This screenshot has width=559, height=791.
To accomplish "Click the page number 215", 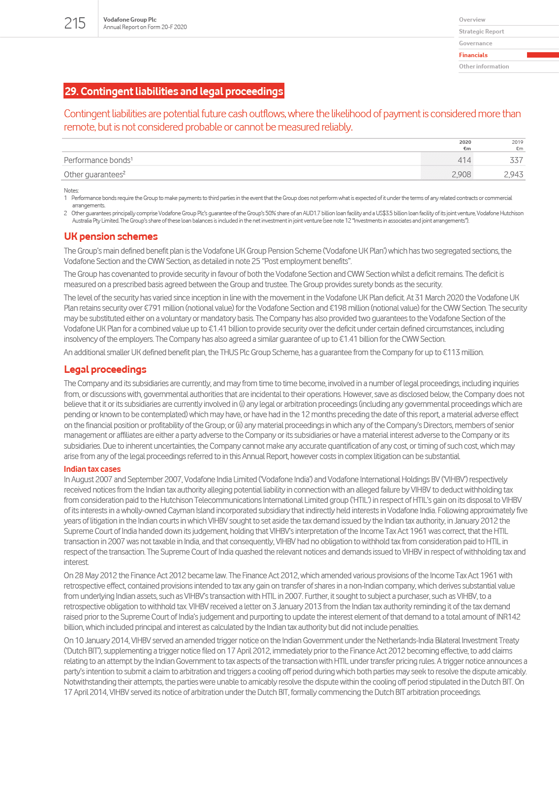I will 75,23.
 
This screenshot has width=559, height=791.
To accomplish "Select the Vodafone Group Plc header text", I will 130,20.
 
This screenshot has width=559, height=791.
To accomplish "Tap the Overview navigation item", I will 472,20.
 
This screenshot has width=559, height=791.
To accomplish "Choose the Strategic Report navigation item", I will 481,32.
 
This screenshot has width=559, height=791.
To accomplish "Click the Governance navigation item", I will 475,43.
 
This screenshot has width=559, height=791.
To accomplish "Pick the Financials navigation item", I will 473,55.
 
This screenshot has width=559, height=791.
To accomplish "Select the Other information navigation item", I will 484,66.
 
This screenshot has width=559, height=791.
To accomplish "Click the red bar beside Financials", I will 542,55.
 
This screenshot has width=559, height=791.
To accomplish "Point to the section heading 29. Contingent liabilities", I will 174,91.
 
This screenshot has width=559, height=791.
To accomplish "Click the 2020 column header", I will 465,142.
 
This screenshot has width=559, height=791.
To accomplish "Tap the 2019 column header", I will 517,142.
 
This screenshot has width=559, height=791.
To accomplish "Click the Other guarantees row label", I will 94,174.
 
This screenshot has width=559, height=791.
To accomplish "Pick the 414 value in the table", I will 464,160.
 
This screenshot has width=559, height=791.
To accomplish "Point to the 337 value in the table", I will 516,160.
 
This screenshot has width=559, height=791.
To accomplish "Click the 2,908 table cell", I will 461,174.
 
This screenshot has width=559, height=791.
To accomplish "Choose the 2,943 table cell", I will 513,174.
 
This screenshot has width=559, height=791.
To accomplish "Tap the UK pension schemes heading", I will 111,236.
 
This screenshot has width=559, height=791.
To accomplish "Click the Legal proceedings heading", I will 105,369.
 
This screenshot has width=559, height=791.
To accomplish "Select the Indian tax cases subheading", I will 92,469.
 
